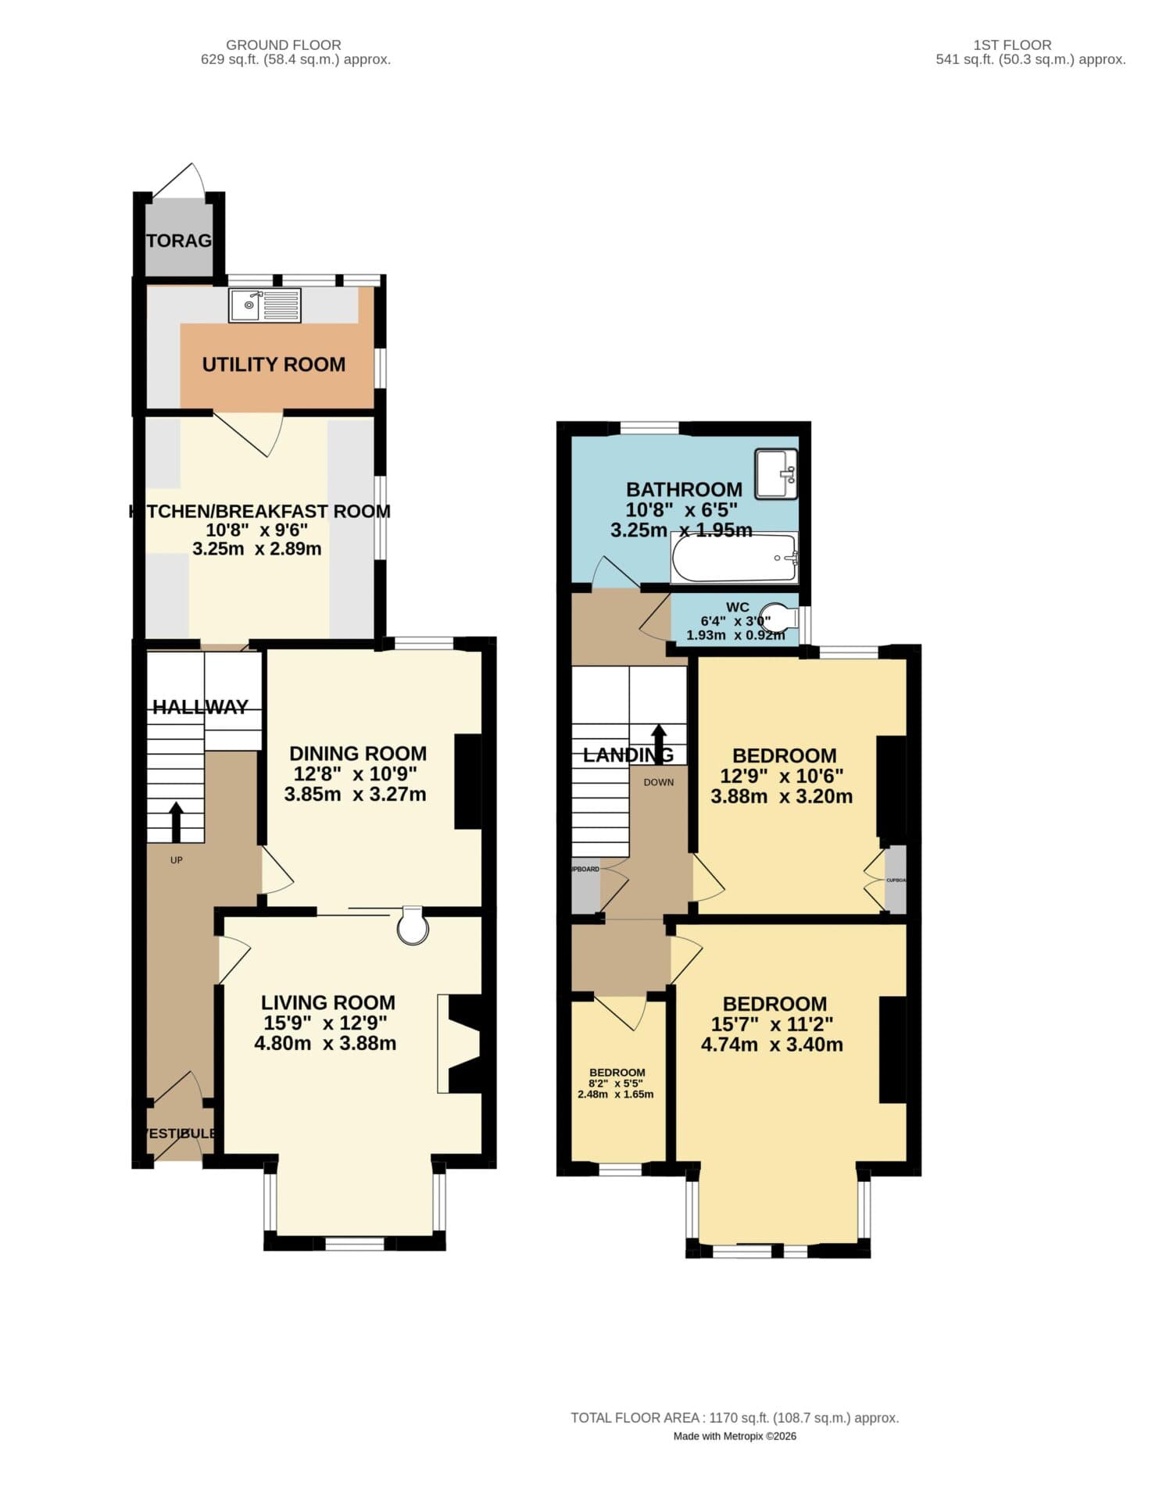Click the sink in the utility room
point(264,305)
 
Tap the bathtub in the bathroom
point(734,558)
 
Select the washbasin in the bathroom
point(775,473)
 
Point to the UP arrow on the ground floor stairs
point(176,821)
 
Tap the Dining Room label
point(358,753)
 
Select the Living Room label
point(327,1002)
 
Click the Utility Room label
point(274,364)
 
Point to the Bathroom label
point(684,489)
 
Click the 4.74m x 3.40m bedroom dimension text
point(771,1045)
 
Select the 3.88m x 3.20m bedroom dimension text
point(781,796)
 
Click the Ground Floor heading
point(283,45)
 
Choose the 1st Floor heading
point(1011,45)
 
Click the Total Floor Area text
point(734,1417)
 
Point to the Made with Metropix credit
point(734,1436)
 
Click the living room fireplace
point(461,1044)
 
